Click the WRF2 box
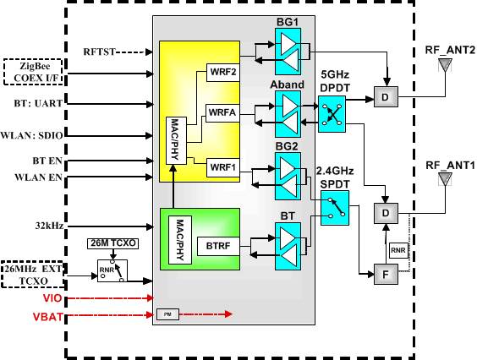(x=223, y=72)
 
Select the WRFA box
(x=223, y=112)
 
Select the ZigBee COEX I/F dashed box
(x=33, y=71)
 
